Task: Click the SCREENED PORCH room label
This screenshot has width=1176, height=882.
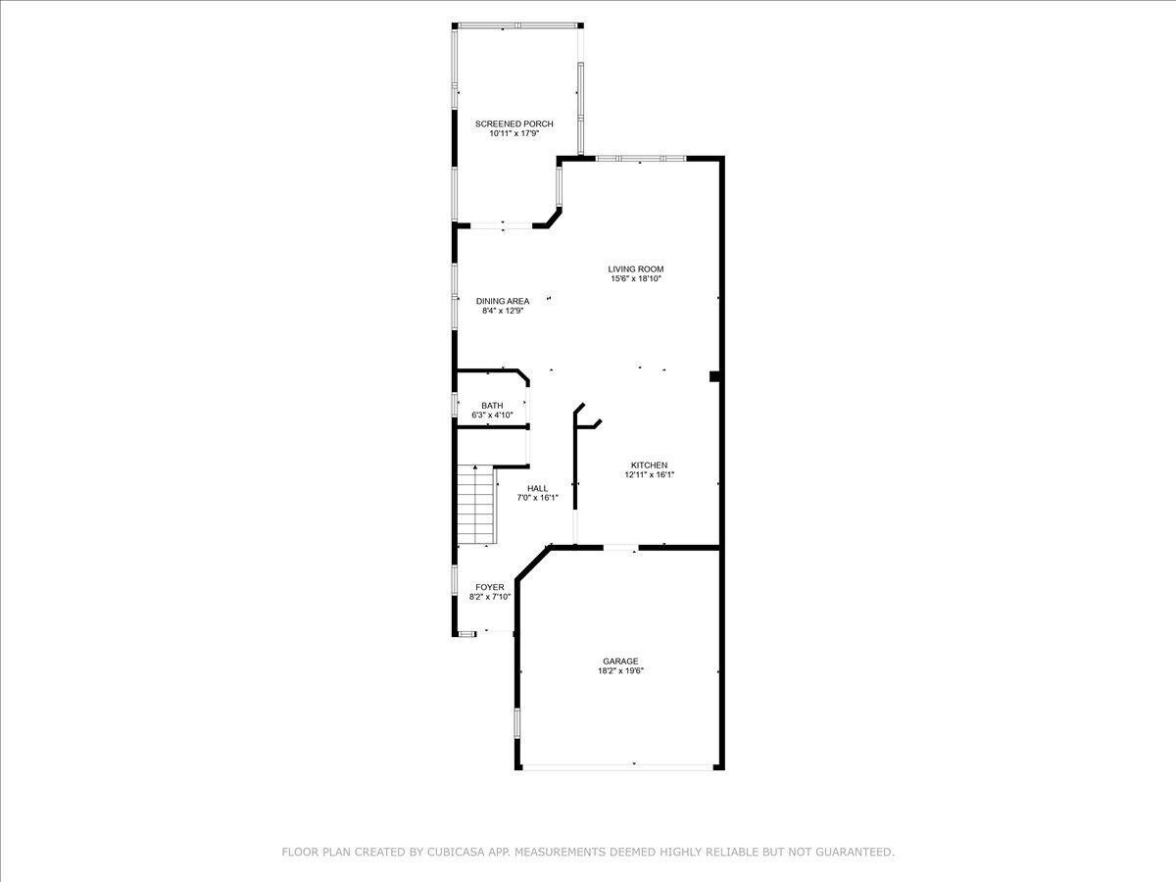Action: click(x=514, y=123)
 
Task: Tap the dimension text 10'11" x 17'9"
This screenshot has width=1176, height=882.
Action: click(x=514, y=133)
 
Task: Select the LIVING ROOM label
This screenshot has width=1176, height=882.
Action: click(x=636, y=269)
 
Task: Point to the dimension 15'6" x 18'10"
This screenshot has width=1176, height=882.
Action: click(x=636, y=278)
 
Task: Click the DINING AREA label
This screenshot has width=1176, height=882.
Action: click(x=503, y=301)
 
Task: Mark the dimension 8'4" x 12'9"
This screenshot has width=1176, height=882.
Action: click(x=503, y=311)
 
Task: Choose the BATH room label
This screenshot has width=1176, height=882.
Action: click(x=492, y=406)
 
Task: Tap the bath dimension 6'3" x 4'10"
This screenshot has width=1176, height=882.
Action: click(x=492, y=416)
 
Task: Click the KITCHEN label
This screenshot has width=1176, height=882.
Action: click(x=649, y=465)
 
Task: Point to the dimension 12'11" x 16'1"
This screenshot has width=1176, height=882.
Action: click(x=649, y=474)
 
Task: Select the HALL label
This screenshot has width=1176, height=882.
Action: click(x=537, y=488)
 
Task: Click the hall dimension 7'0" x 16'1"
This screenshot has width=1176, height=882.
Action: click(x=537, y=498)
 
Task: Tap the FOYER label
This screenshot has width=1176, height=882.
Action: click(x=490, y=587)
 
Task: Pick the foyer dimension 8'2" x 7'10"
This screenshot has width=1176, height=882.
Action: click(x=490, y=597)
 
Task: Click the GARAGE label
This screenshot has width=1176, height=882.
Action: click(x=620, y=661)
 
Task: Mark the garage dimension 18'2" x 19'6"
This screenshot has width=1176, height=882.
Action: click(x=620, y=671)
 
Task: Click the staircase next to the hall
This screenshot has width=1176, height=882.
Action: click(x=476, y=504)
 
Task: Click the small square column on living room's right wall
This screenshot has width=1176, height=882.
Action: click(x=715, y=376)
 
